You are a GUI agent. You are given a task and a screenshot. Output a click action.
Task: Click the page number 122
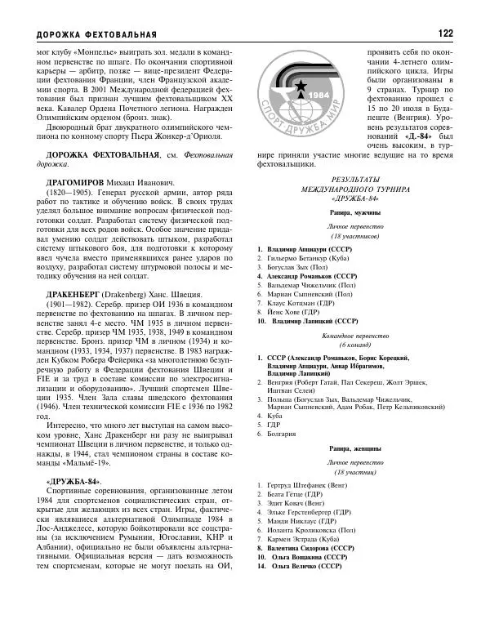pyautogui.click(x=445, y=33)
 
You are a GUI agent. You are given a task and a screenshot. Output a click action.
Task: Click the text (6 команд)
pyautogui.click(x=355, y=346)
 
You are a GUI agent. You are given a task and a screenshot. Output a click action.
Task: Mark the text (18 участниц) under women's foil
pyautogui.click(x=355, y=472)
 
